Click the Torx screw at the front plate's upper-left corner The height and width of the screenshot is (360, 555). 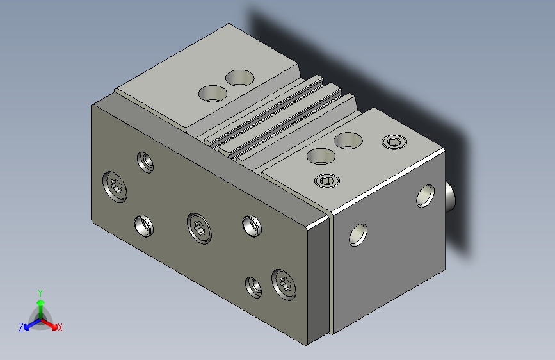coord(115,187)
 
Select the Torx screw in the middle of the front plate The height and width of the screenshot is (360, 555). coord(199,228)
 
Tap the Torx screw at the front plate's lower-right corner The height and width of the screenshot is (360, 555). coord(284,285)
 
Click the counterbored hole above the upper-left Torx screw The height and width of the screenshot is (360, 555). coord(145,162)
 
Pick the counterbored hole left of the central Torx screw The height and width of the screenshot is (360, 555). coord(143,225)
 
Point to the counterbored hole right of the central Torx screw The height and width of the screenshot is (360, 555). coord(252,225)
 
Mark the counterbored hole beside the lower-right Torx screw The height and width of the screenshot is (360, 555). coord(253,288)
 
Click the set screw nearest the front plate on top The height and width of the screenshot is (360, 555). coord(327,181)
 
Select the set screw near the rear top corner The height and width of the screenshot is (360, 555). coord(394,142)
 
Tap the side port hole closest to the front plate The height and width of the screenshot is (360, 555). coord(358,234)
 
